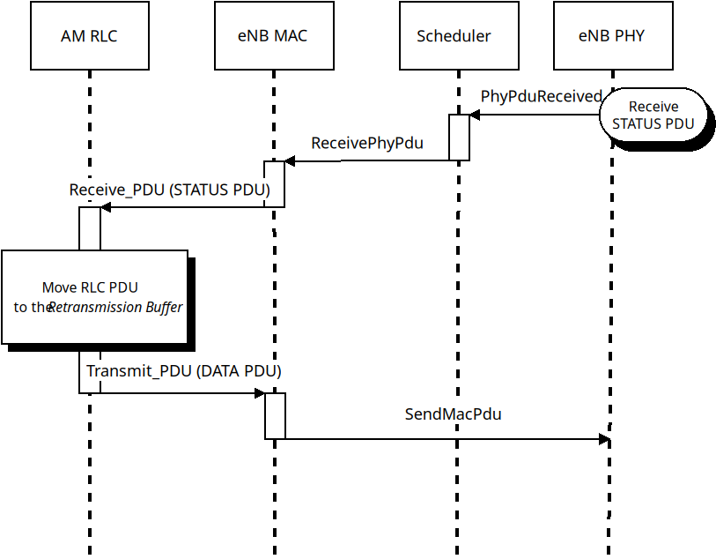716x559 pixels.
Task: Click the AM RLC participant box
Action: [x=89, y=36]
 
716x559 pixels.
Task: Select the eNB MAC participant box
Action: [x=273, y=36]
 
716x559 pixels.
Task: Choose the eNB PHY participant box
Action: [x=611, y=36]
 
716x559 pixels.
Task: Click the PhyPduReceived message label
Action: [x=541, y=96]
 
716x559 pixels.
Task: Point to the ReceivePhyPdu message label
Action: [x=367, y=143]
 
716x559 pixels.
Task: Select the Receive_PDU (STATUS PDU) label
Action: [x=170, y=190]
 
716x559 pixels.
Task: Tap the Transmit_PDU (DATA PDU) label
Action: [x=183, y=371]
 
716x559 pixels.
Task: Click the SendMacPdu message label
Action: [x=453, y=414]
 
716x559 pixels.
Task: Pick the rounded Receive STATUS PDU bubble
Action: [x=653, y=115]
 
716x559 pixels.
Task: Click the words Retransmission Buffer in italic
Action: [x=115, y=308]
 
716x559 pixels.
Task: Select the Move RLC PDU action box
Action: [x=94, y=296]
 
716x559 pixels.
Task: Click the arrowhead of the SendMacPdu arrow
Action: [x=605, y=439]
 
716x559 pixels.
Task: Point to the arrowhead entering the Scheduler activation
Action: [x=475, y=115]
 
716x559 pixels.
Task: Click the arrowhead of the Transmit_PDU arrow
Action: [x=260, y=393]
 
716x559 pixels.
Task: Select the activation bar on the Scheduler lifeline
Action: [x=459, y=138]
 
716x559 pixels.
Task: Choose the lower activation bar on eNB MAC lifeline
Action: [x=275, y=415]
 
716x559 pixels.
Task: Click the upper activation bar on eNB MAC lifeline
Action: [x=274, y=184]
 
